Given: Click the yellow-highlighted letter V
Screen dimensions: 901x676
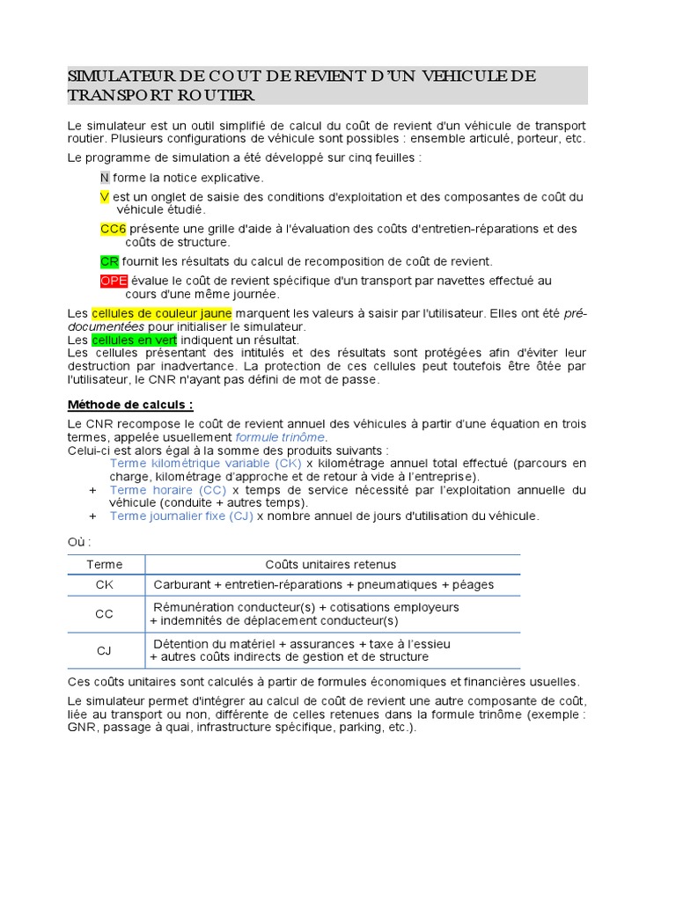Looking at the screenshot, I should click(x=105, y=196).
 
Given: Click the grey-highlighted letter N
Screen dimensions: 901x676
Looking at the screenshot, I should click(x=105, y=177).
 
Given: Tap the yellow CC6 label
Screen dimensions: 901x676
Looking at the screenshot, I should click(x=114, y=229).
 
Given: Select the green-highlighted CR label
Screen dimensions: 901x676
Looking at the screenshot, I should click(x=109, y=261).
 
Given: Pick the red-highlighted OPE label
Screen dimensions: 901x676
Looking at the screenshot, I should click(x=114, y=281).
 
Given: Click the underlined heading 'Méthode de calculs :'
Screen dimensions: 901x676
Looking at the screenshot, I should click(x=130, y=405).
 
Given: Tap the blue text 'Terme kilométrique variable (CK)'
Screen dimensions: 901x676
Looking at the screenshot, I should click(x=206, y=463).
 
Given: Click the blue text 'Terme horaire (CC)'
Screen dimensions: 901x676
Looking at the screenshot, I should click(x=168, y=489).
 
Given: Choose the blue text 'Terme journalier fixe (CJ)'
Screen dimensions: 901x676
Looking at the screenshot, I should click(x=181, y=516).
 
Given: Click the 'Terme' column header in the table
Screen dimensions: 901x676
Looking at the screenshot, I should click(x=105, y=564).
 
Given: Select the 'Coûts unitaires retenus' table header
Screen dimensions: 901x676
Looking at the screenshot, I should click(x=331, y=564).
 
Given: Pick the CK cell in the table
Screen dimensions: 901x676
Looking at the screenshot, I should click(x=105, y=584).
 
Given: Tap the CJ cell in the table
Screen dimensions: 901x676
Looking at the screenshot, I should click(x=105, y=650).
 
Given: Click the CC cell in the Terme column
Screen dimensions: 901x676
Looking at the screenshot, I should click(x=105, y=614).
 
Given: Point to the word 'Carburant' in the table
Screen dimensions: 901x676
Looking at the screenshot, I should click(x=182, y=584).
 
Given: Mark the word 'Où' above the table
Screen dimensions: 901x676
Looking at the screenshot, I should click(x=77, y=541).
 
